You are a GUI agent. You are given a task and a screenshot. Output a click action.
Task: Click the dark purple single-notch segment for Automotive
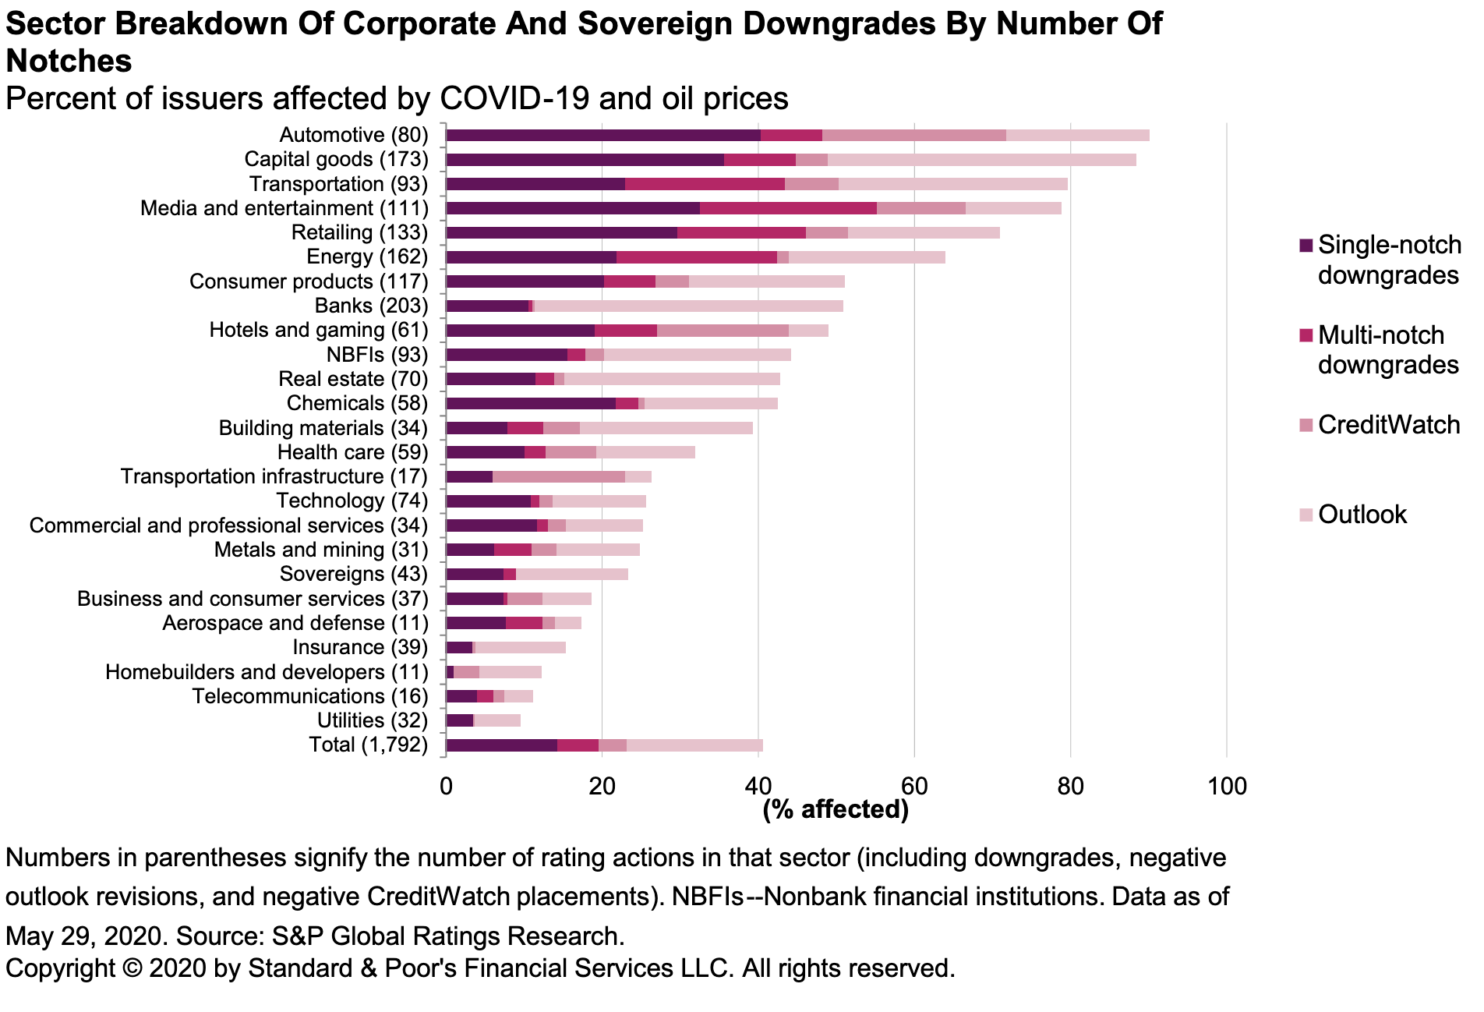(x=602, y=136)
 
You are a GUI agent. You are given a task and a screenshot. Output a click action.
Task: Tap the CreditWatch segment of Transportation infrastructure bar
(x=558, y=476)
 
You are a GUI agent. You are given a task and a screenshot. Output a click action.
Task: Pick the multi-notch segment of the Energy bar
(x=696, y=257)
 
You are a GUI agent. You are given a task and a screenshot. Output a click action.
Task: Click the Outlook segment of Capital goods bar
(x=981, y=160)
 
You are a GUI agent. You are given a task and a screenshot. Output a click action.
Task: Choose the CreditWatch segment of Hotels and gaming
(x=723, y=331)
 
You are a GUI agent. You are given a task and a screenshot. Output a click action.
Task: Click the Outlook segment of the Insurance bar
(x=520, y=647)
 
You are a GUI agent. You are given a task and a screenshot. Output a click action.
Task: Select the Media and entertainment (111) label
(x=284, y=208)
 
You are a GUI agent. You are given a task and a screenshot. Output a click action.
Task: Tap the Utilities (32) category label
(x=372, y=720)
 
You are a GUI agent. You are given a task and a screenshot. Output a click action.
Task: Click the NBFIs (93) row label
(x=377, y=355)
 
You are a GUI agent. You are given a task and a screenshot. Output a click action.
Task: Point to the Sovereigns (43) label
(x=353, y=574)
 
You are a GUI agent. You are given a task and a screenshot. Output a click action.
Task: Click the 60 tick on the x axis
(x=913, y=786)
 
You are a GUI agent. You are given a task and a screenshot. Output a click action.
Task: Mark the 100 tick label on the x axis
(x=1225, y=786)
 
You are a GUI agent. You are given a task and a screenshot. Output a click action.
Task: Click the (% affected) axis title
(x=835, y=809)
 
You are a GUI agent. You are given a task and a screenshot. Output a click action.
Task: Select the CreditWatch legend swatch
(x=1306, y=426)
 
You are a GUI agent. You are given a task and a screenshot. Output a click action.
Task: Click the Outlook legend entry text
(x=1362, y=515)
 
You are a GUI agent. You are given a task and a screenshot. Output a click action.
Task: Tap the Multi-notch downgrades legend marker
(x=1306, y=336)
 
